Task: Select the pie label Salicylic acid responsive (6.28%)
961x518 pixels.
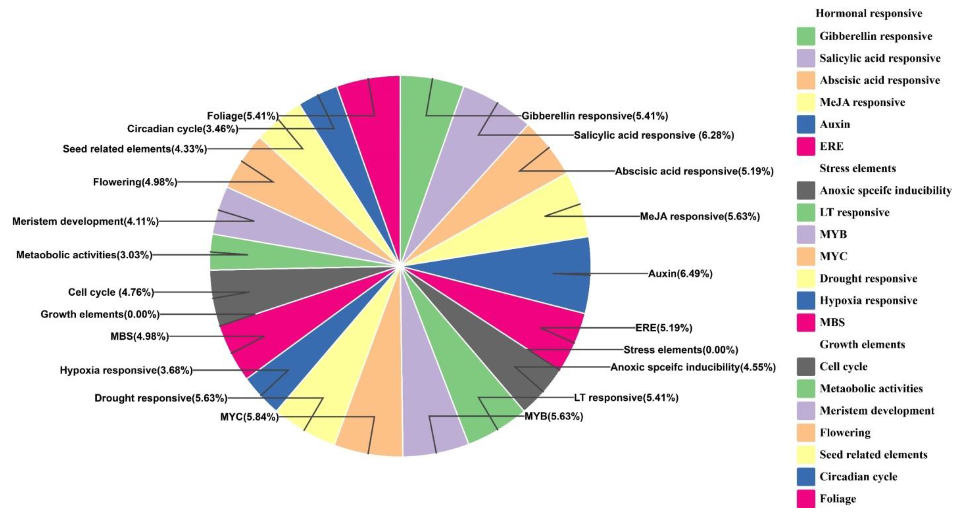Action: pos(654,135)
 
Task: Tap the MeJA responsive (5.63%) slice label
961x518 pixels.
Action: pos(700,216)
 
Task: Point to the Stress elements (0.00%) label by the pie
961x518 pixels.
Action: pos(681,350)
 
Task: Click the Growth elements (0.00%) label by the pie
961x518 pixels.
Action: pos(100,314)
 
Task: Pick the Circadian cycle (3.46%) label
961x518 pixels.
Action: pos(182,129)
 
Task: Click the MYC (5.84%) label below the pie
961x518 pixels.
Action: pos(249,417)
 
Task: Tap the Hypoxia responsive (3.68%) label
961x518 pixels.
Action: pos(126,370)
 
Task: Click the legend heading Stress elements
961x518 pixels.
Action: pos(857,169)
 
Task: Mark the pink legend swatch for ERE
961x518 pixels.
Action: pos(806,146)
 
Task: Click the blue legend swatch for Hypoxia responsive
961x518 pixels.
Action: pos(806,301)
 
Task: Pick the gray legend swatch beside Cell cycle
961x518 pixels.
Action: pos(806,367)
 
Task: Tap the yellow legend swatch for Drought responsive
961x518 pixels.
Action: pos(806,279)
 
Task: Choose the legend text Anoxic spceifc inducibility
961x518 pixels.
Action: pos(885,191)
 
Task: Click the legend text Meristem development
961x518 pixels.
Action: pos(877,411)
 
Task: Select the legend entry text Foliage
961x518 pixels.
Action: pos(838,499)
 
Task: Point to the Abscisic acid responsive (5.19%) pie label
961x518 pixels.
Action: pos(694,171)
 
